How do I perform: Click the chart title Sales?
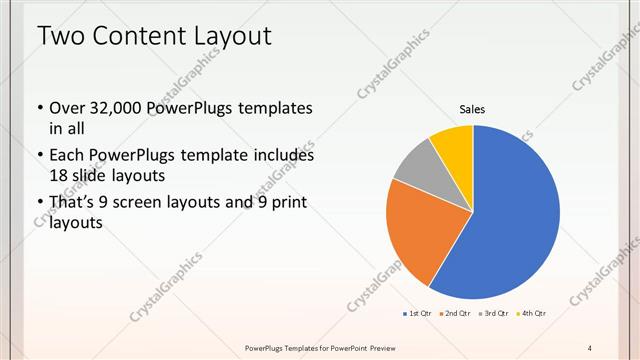point(472,109)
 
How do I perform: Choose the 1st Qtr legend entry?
point(417,313)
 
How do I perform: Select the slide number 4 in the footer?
point(590,347)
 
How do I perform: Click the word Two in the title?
point(62,37)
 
